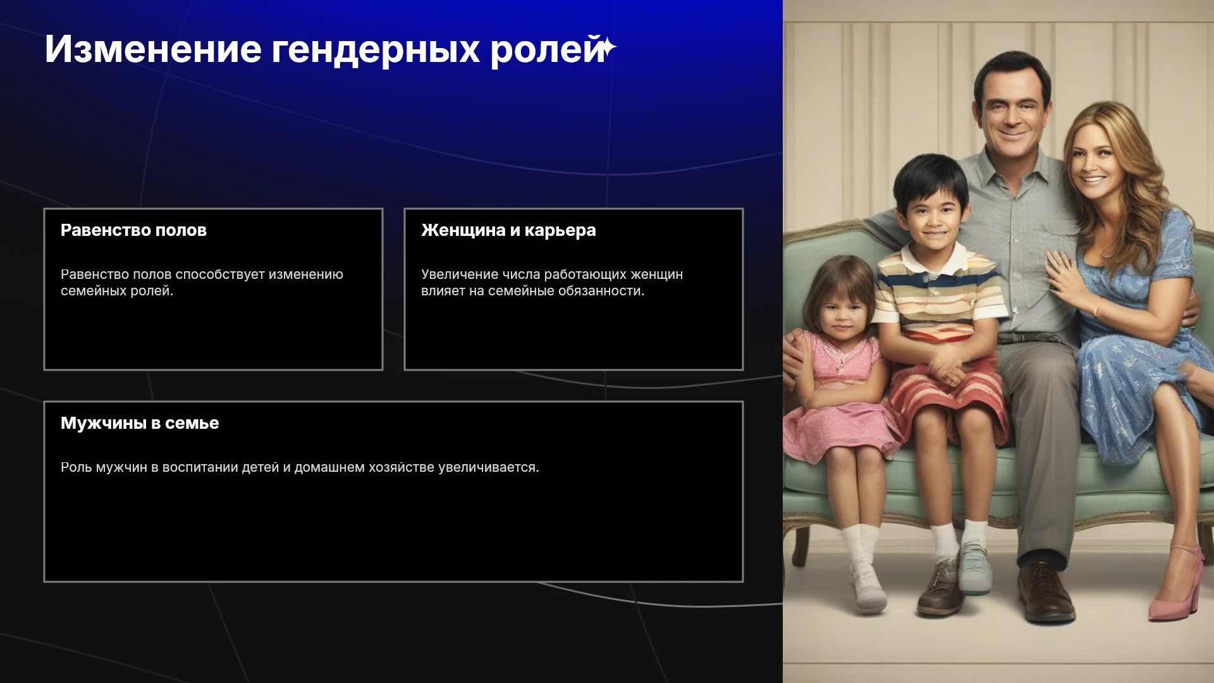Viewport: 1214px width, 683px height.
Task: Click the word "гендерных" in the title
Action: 376,50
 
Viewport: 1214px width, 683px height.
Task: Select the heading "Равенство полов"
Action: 133,230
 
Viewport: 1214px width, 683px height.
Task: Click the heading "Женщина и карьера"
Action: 508,230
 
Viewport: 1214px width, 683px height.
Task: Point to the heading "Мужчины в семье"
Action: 140,423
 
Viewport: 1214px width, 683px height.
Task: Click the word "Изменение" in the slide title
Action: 153,49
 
